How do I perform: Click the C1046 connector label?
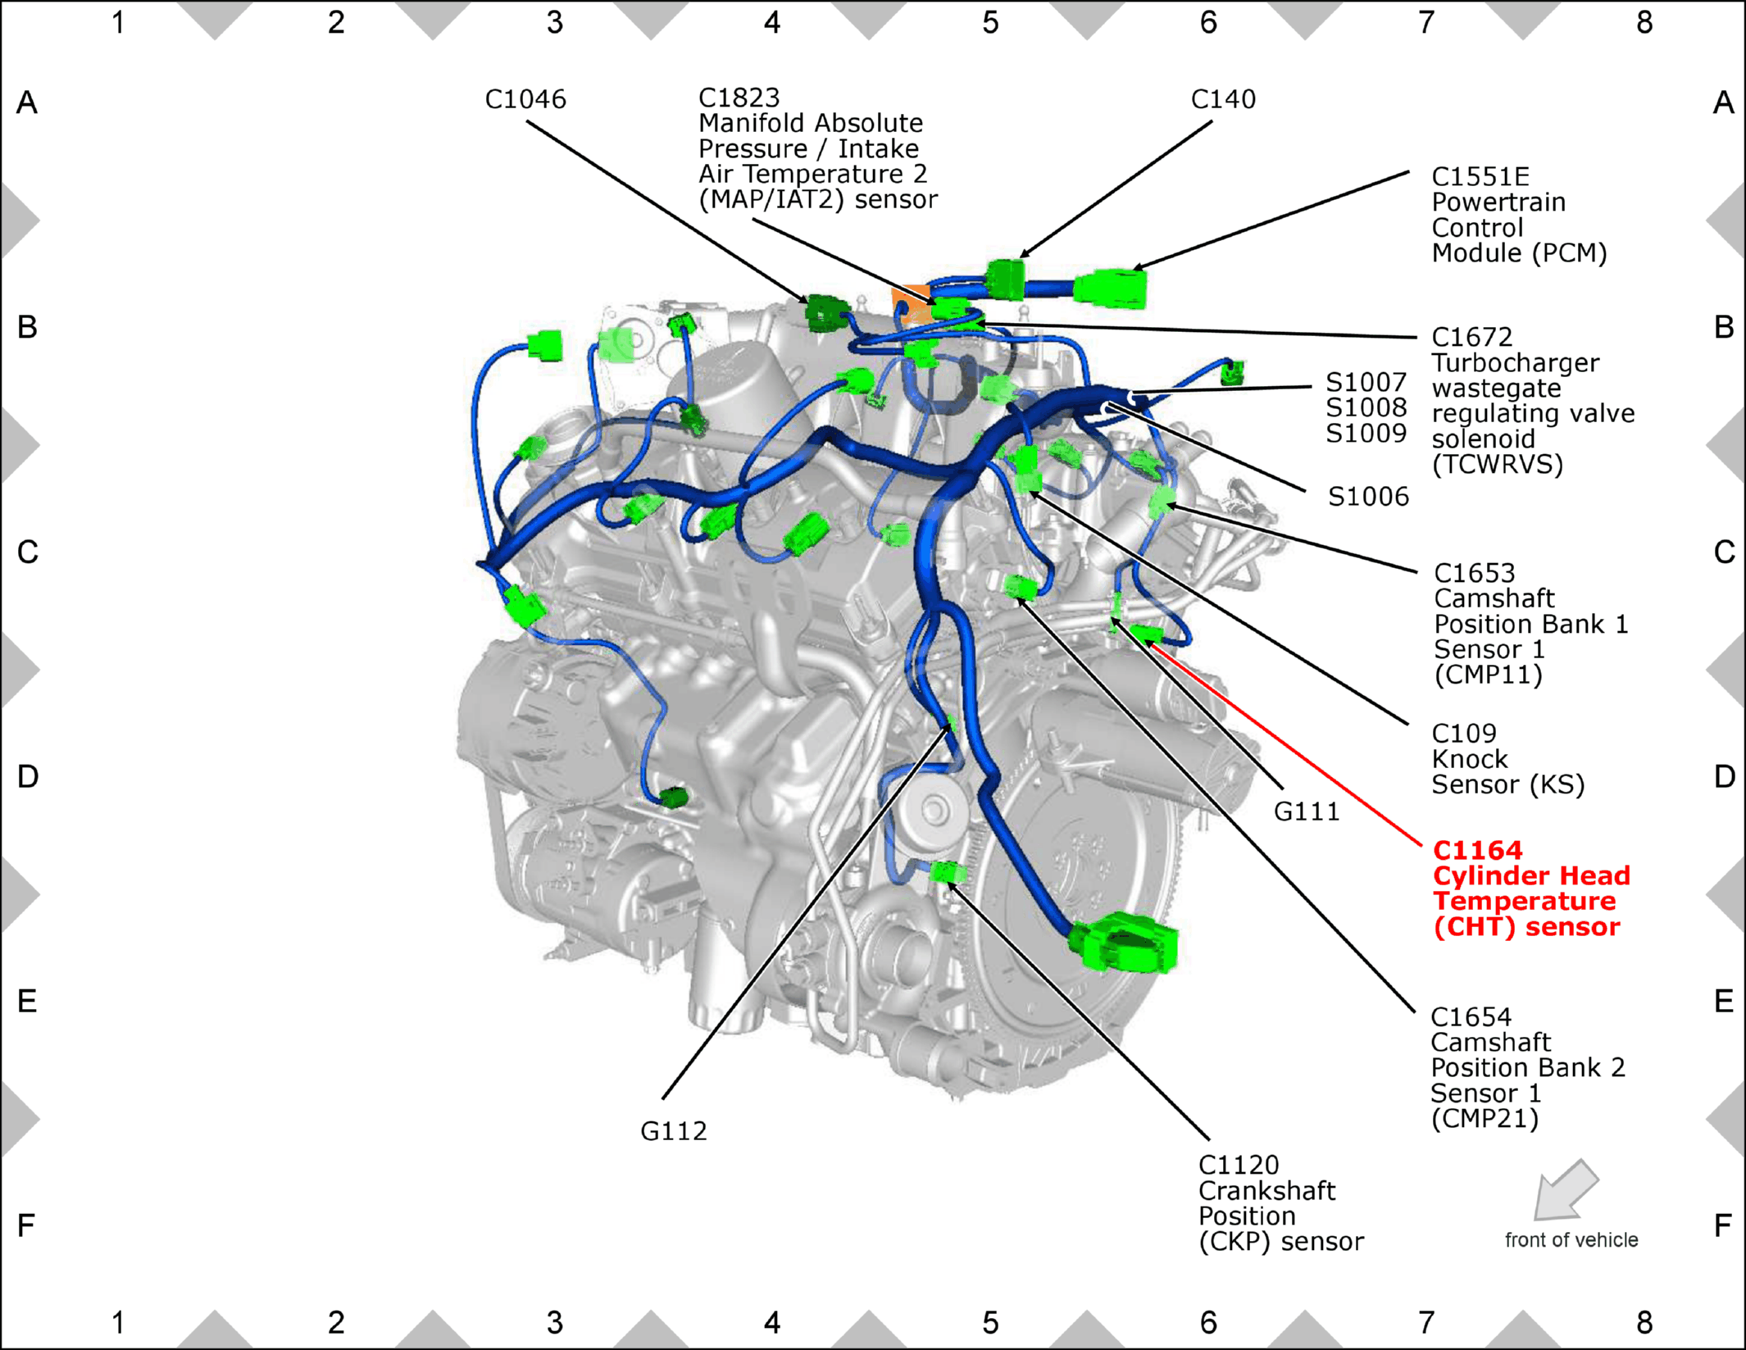tap(525, 99)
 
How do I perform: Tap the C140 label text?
tap(1223, 99)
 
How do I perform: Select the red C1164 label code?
tap(1477, 850)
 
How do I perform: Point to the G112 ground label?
tap(673, 1131)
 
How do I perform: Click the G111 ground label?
tap(1306, 811)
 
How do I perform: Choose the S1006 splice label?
tap(1368, 496)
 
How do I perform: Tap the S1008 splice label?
tap(1366, 407)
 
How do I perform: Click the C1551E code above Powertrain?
tap(1480, 176)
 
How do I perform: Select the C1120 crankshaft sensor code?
tap(1239, 1165)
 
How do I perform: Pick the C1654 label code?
tap(1471, 1017)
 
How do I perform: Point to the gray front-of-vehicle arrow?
tap(1565, 1190)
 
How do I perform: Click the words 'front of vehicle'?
tap(1571, 1240)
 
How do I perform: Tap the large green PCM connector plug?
tap(1110, 288)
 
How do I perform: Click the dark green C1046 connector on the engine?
tap(826, 312)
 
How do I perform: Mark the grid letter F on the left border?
tap(26, 1225)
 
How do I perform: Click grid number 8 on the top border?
tap(1644, 23)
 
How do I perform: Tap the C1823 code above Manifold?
tap(739, 98)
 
